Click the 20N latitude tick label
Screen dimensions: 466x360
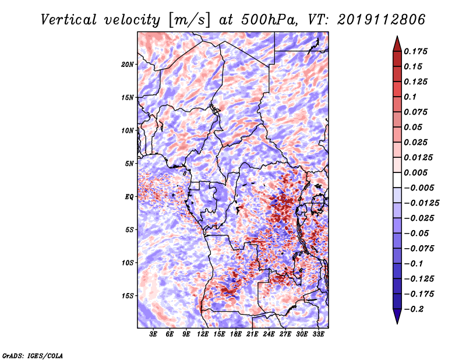click(128, 65)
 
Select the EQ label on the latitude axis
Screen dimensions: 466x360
click(129, 197)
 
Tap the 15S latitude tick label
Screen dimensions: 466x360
click(128, 296)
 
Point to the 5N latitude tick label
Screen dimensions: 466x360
click(129, 164)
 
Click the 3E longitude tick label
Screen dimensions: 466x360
click(153, 334)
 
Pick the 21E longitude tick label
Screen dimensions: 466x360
click(252, 334)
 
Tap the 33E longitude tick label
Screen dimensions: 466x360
click(318, 334)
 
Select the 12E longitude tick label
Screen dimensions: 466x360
click(203, 334)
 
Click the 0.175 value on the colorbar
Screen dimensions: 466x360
click(415, 51)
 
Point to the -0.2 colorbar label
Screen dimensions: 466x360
click(414, 309)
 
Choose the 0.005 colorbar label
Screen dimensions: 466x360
click(415, 172)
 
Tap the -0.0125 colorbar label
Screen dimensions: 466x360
click(421, 203)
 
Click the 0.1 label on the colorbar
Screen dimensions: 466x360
click(410, 97)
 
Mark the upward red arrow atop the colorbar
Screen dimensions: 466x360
click(397, 44)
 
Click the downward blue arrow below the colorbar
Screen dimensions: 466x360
click(397, 316)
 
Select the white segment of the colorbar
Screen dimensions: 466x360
click(397, 180)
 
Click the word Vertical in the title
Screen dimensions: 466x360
click(69, 20)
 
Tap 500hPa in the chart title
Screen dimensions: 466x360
click(269, 20)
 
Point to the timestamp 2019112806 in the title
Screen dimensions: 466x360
click(382, 20)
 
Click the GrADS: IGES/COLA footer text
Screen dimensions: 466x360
click(33, 355)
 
